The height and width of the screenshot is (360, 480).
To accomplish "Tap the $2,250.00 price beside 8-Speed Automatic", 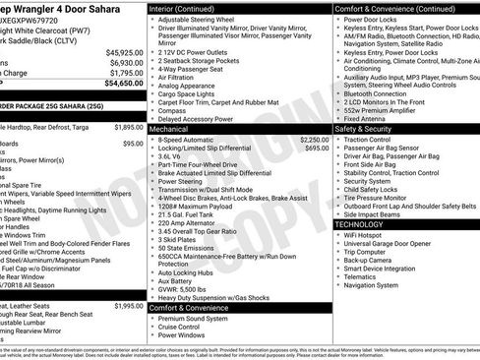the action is tap(313, 141).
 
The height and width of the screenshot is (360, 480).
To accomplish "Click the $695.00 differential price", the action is tap(317, 149).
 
